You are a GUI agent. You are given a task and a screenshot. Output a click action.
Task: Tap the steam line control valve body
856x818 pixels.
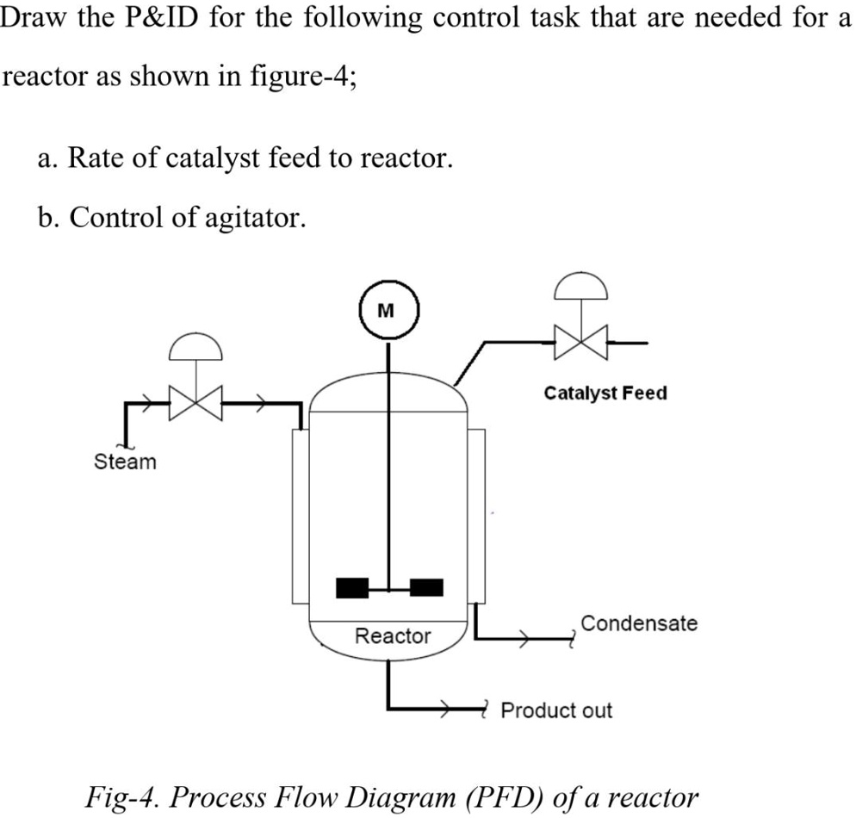[x=195, y=402]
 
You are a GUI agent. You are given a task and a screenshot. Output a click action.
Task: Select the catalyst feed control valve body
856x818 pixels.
[x=581, y=342]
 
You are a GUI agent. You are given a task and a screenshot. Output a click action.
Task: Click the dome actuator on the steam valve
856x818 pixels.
[x=195, y=347]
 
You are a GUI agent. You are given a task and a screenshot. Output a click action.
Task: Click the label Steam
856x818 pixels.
[x=125, y=462]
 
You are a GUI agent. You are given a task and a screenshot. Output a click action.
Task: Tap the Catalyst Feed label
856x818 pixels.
[x=605, y=394]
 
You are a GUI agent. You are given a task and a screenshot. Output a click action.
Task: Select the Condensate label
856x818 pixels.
[x=638, y=623]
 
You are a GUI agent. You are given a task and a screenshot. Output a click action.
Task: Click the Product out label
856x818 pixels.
[x=556, y=711]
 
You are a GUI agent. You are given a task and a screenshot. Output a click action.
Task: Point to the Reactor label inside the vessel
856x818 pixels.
[x=393, y=636]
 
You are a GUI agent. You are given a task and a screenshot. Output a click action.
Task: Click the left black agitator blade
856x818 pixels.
[x=352, y=587]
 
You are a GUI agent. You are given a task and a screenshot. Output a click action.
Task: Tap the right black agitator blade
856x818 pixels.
[x=426, y=587]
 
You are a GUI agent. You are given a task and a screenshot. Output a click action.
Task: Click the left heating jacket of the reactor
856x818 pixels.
[x=300, y=517]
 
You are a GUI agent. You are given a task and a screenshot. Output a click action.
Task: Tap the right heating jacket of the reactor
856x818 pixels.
[x=476, y=517]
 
